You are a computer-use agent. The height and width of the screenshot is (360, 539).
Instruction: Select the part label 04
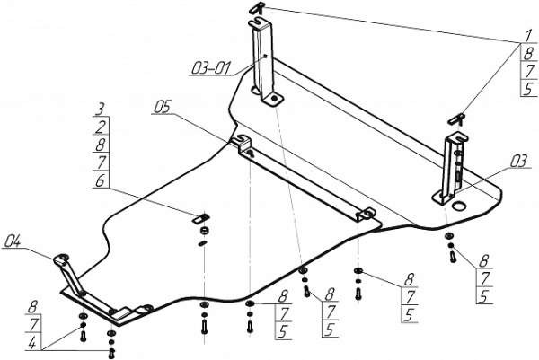[13, 241]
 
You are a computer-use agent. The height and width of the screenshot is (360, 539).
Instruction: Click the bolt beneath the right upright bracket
[451, 256]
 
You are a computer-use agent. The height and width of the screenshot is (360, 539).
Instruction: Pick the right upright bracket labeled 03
[451, 171]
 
